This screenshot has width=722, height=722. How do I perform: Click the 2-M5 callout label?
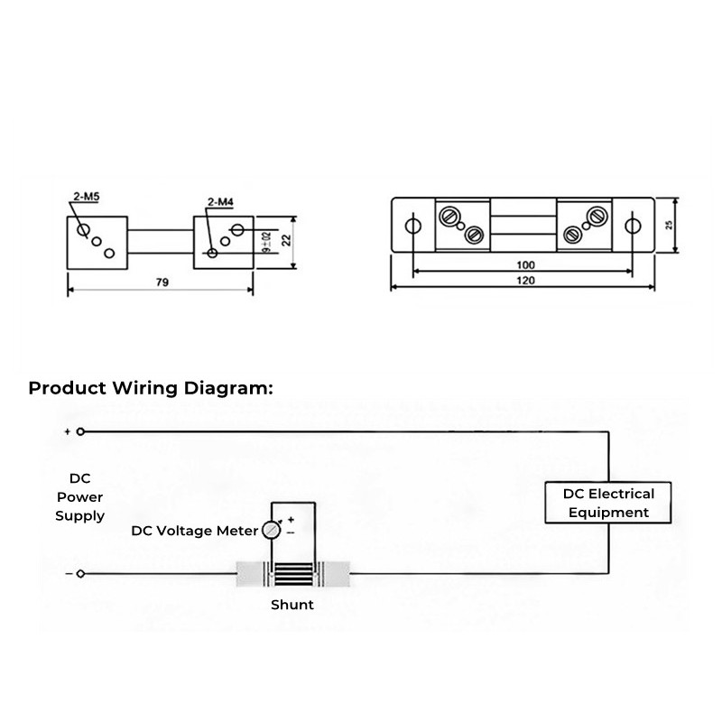[x=87, y=197]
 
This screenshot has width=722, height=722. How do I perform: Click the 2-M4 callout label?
[x=220, y=201]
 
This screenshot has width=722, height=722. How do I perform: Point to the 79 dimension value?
[x=162, y=282]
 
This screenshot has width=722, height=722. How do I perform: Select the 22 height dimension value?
[x=286, y=240]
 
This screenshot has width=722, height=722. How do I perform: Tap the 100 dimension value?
[x=525, y=264]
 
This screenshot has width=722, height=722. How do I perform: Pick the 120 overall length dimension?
[x=525, y=281]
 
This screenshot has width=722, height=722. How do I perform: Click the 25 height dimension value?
[x=669, y=225]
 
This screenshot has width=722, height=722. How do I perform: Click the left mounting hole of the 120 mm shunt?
[x=412, y=226]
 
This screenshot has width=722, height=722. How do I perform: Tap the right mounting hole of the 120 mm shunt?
[x=633, y=226]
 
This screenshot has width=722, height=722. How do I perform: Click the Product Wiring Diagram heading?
[x=151, y=388]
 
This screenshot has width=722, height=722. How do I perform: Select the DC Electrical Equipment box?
[x=607, y=503]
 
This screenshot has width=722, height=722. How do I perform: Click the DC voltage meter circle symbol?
[x=272, y=530]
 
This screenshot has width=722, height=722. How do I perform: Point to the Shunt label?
[x=292, y=604]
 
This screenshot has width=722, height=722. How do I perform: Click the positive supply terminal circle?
[x=80, y=431]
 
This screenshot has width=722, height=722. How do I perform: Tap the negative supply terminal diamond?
[x=80, y=574]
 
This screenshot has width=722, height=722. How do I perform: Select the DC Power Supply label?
[x=79, y=497]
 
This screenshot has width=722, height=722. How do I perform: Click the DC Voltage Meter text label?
[x=194, y=531]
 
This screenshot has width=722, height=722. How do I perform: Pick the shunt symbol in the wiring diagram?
[x=292, y=574]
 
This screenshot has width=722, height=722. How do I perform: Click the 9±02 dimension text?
[x=266, y=242]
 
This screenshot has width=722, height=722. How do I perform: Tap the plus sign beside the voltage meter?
[x=291, y=520]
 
